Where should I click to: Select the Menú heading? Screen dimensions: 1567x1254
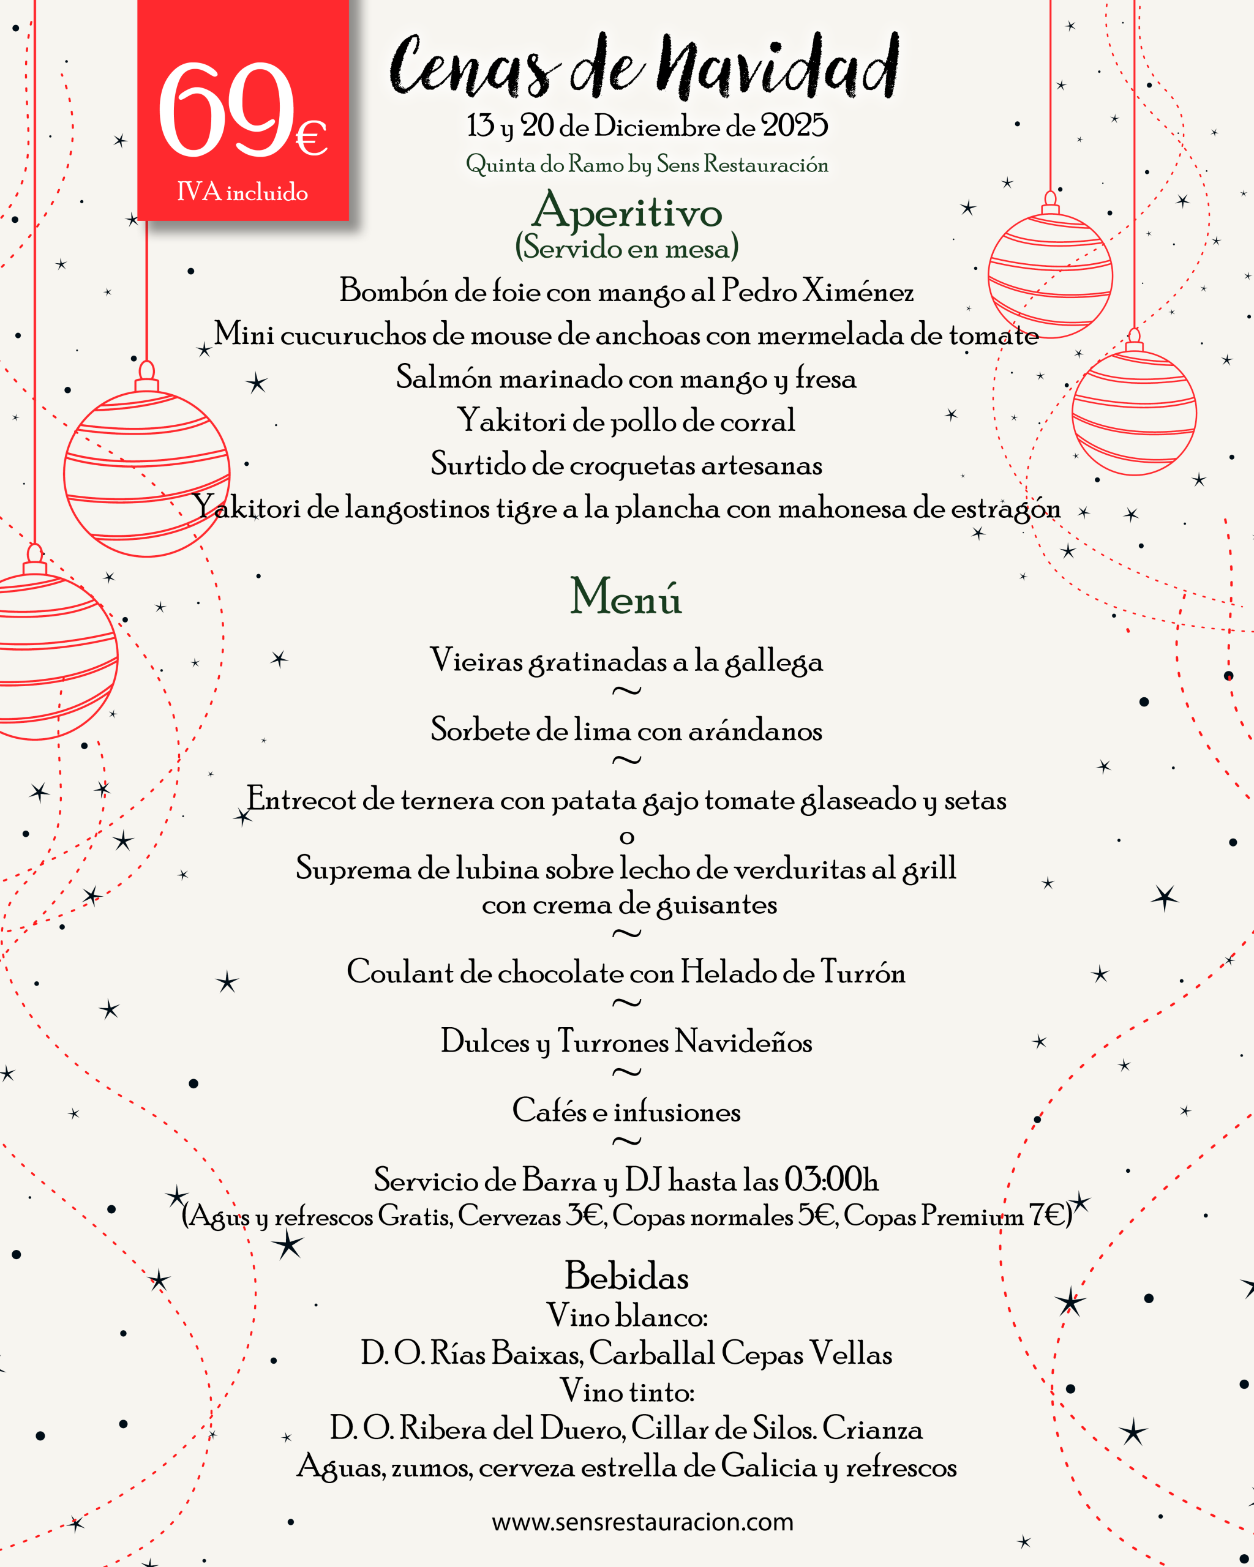(x=626, y=597)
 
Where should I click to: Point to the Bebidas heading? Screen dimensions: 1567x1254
(x=626, y=1276)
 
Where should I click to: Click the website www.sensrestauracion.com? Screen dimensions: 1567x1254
(x=643, y=1521)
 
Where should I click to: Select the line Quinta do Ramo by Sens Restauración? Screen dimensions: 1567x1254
(x=647, y=164)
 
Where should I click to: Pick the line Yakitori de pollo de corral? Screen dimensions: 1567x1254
(x=626, y=421)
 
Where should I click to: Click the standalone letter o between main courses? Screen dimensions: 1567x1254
(x=626, y=837)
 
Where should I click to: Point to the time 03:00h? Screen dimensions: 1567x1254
(x=831, y=1180)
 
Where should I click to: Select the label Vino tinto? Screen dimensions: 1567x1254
(x=626, y=1391)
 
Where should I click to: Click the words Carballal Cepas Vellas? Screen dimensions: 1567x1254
(x=740, y=1353)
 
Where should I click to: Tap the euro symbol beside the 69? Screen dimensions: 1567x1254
(x=311, y=138)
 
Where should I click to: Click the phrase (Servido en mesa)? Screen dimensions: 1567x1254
(x=626, y=248)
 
